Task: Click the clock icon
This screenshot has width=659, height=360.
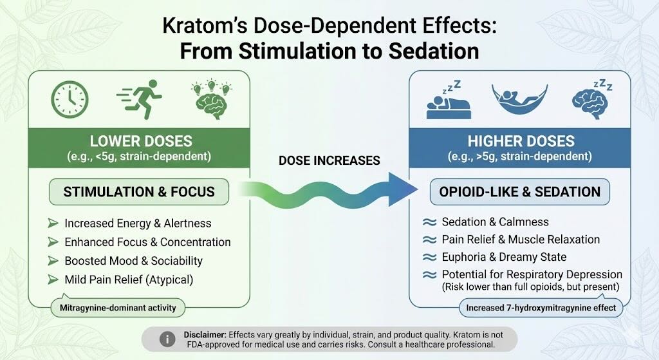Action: coord(70,100)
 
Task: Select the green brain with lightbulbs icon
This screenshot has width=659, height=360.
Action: coord(211,99)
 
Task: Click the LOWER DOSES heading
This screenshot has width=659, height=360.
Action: coord(141,141)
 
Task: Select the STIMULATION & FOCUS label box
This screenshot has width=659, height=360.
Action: coord(138,192)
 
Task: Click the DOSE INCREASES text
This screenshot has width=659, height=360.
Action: coord(329,160)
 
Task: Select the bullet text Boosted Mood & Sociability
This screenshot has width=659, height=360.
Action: coord(134,261)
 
